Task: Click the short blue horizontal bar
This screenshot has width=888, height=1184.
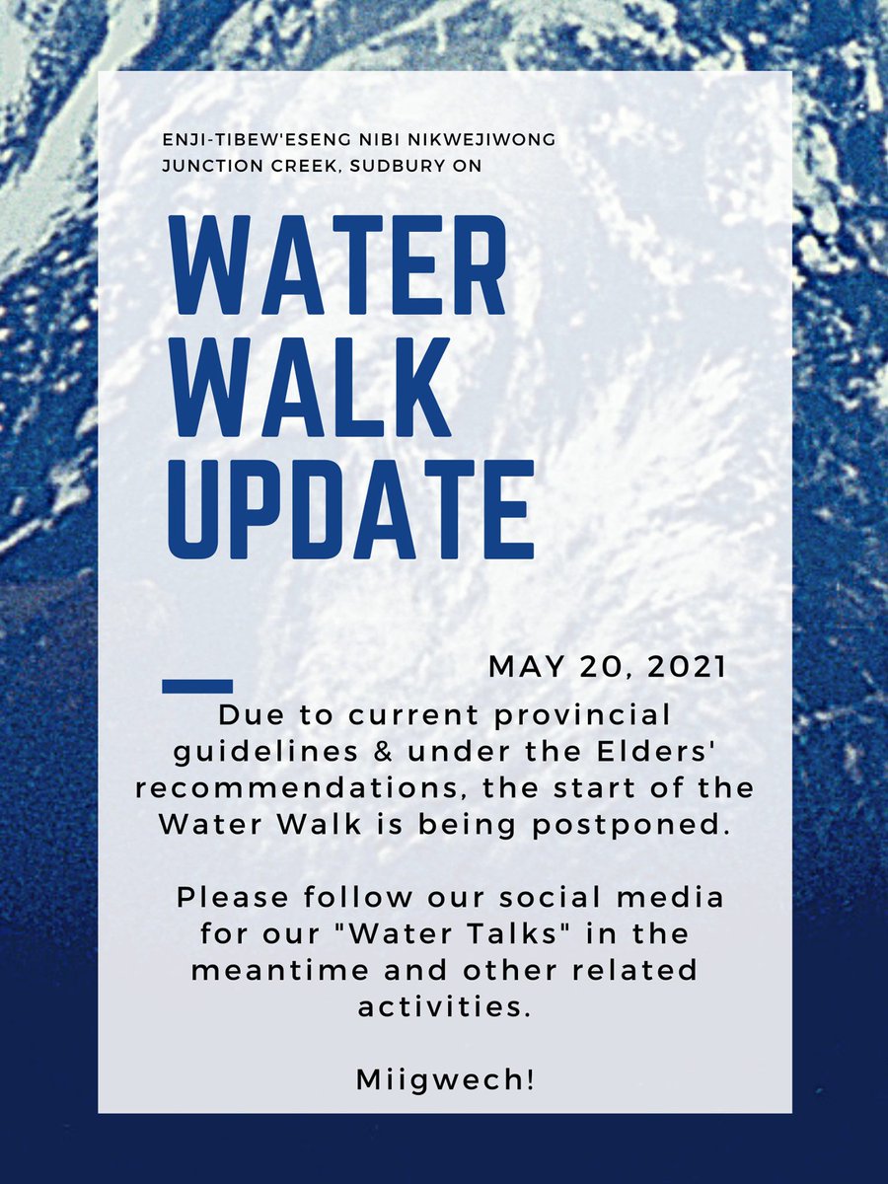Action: pos(196,685)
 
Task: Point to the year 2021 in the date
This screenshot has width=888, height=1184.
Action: pos(688,667)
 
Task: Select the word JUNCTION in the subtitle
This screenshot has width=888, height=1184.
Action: pos(213,166)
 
